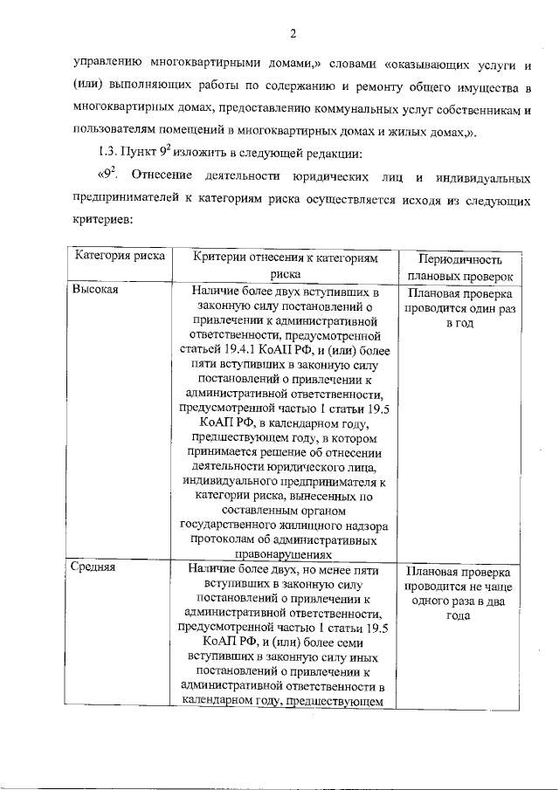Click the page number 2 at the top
(293, 34)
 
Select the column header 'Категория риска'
(115, 258)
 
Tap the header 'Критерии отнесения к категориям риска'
(285, 266)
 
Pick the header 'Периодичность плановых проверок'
(459, 268)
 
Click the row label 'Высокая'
(96, 291)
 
